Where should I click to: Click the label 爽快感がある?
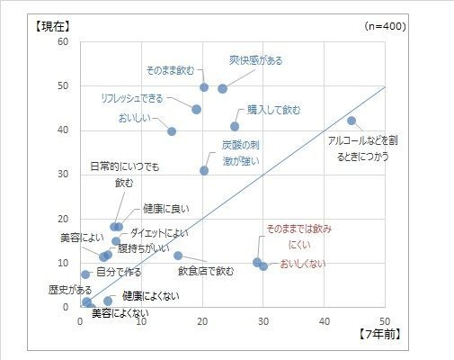click(x=255, y=60)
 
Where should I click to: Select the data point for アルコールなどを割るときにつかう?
click(x=352, y=121)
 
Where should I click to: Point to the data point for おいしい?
click(x=172, y=131)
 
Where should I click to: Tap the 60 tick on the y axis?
click(x=62, y=42)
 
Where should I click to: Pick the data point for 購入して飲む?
click(x=235, y=127)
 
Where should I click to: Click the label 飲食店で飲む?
click(x=206, y=270)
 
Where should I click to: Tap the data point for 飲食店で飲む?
click(x=178, y=256)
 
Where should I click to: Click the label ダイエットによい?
click(x=159, y=233)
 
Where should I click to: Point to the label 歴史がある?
click(x=70, y=290)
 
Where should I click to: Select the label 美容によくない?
click(x=120, y=313)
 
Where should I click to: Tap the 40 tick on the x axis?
click(x=325, y=321)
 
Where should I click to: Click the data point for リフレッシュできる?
click(x=196, y=109)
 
